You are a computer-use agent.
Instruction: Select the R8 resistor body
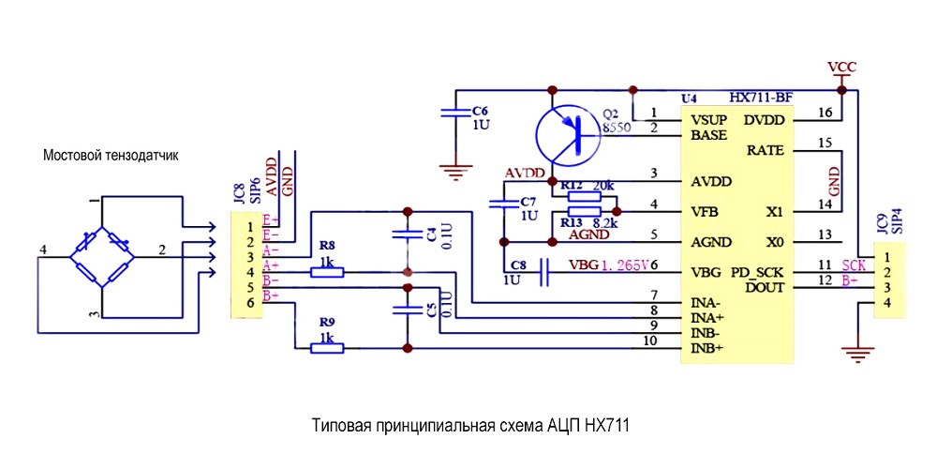tap(327, 272)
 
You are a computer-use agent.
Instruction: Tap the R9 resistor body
tap(327, 348)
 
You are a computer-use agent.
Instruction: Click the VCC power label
tap(842, 67)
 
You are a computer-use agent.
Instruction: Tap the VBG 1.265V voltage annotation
tap(609, 265)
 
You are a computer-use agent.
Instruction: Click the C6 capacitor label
tap(480, 108)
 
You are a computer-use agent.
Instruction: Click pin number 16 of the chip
tap(825, 113)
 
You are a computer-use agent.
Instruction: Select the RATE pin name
tap(766, 150)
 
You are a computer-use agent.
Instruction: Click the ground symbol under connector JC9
tap(855, 356)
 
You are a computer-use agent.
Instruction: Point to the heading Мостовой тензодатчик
tap(111, 156)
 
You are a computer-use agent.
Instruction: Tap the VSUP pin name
tap(710, 120)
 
